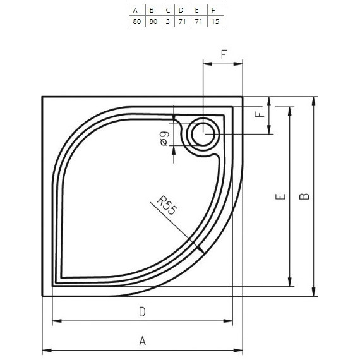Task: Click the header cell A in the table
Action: coord(136,9)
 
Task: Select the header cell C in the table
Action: coord(167,9)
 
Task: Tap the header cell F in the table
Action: coord(215,9)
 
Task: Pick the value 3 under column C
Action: coord(167,21)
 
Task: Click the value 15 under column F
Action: coord(215,21)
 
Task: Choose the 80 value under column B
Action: coord(152,21)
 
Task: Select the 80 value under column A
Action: coord(136,21)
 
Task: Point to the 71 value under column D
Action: coord(182,21)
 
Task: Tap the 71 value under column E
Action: coord(198,21)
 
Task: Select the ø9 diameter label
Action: coord(164,138)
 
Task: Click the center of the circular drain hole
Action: coord(203,134)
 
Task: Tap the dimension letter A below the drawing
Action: coord(143,341)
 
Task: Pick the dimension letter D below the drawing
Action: coord(143,311)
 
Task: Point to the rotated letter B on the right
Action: coord(305,196)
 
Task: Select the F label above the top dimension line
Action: coord(224,54)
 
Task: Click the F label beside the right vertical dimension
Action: coord(258,115)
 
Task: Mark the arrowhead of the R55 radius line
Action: coord(201,251)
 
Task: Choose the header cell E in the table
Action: coord(198,9)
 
